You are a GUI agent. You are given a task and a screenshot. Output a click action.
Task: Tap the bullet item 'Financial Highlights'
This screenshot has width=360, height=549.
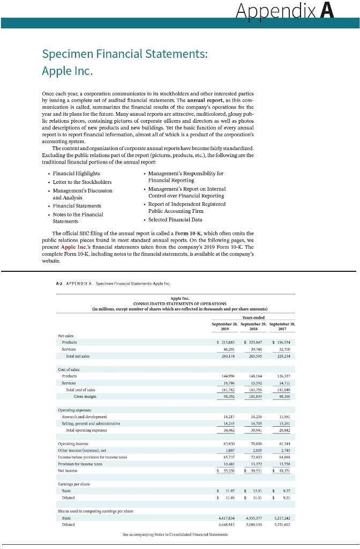77,174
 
